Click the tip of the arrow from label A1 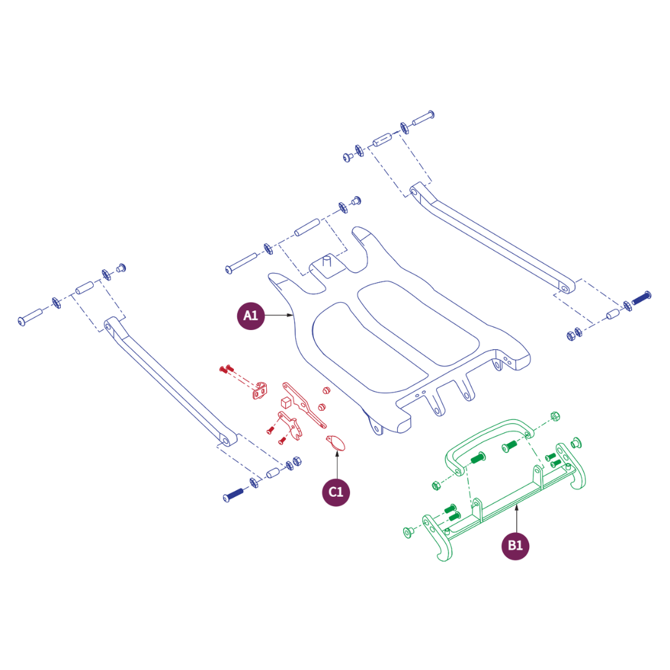293,315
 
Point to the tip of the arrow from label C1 337,450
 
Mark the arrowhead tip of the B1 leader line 517,504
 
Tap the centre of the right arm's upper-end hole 414,192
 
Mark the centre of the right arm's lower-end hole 565,289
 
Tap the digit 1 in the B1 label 519,545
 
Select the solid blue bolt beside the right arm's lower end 641,297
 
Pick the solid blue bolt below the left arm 233,495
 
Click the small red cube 286,402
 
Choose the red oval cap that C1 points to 336,443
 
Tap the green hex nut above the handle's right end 555,416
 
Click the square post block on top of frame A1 327,266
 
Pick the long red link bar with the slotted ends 304,405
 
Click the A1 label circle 251,316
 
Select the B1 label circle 515,546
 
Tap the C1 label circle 336,492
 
